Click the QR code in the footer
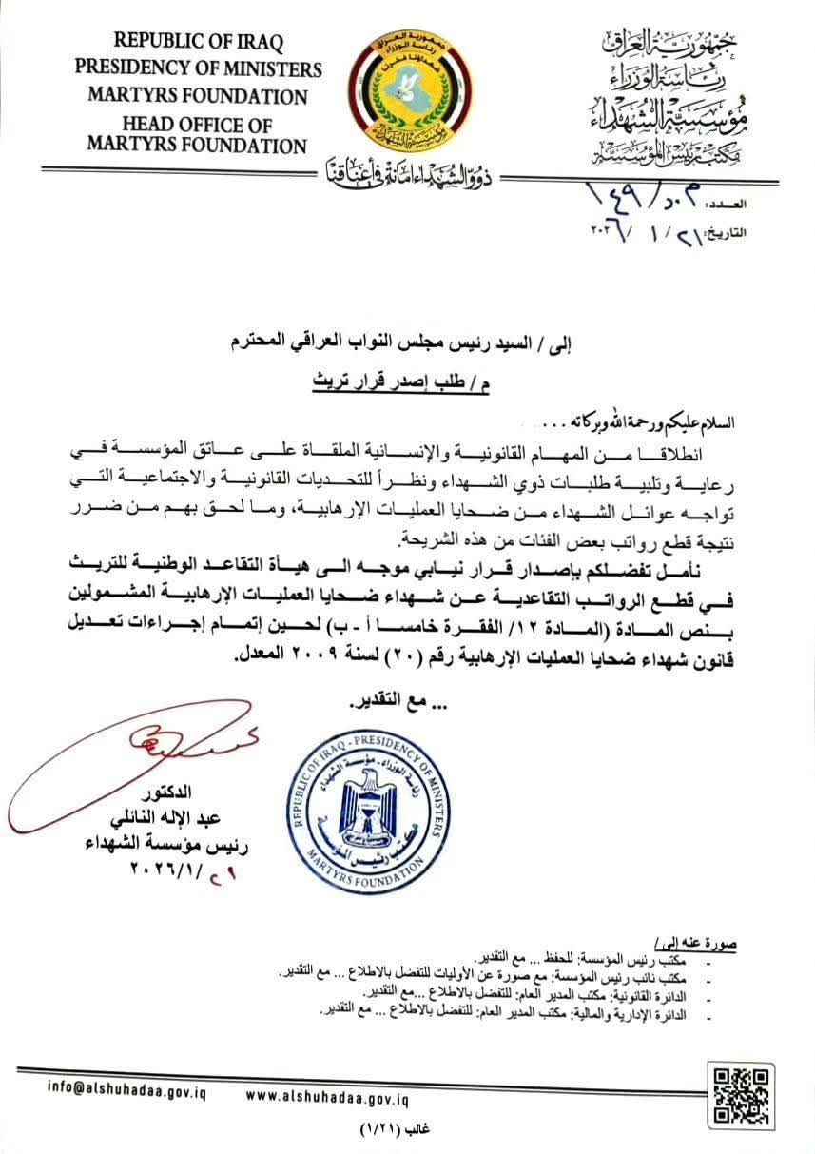pos(739,1095)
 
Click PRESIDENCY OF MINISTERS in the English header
pos(199,69)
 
